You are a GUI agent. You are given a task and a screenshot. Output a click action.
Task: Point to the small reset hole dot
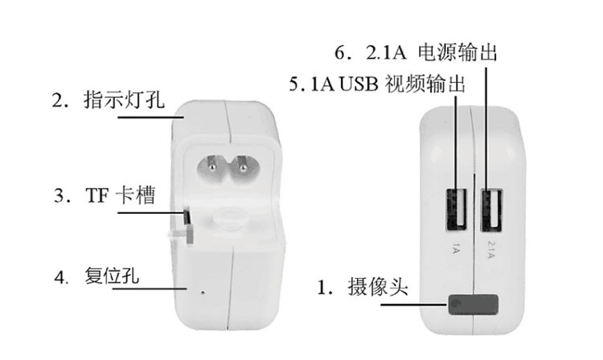coord(201,290)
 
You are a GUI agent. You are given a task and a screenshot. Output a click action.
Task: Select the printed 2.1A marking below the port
coord(493,243)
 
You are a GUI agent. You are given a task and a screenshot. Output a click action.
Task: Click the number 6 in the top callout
coord(341,55)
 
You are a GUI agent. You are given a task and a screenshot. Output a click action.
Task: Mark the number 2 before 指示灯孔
coord(57,101)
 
